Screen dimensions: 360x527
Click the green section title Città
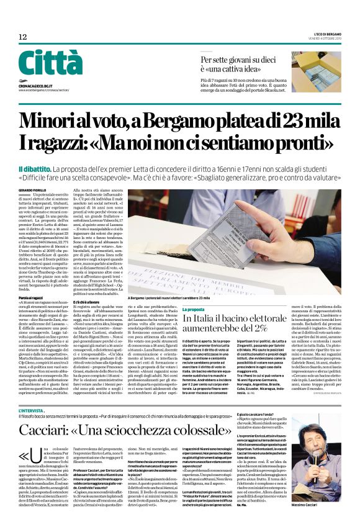[50, 62]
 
